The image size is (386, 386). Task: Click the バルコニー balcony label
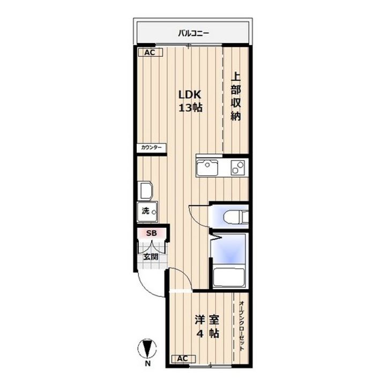pos(194,33)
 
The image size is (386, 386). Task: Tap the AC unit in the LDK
pos(150,53)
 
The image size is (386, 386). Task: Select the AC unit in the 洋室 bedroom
pos(183,359)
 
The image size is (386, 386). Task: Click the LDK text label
pos(190,94)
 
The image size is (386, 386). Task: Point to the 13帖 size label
pos(190,108)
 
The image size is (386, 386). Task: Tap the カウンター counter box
pos(151,148)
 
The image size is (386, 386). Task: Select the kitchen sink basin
pos(207,167)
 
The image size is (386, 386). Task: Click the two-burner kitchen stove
pos(237,168)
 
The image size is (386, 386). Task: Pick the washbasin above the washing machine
pos(145,190)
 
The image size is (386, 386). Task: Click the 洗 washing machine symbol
pos(147,212)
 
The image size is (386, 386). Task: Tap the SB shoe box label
pos(151,233)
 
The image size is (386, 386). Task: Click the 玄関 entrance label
pos(151,257)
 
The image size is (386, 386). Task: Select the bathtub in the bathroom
pos(229,278)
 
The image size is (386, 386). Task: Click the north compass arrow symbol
pos(147,348)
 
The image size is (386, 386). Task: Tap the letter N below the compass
pos(147,363)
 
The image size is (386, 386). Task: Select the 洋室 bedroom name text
pos(207,320)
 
